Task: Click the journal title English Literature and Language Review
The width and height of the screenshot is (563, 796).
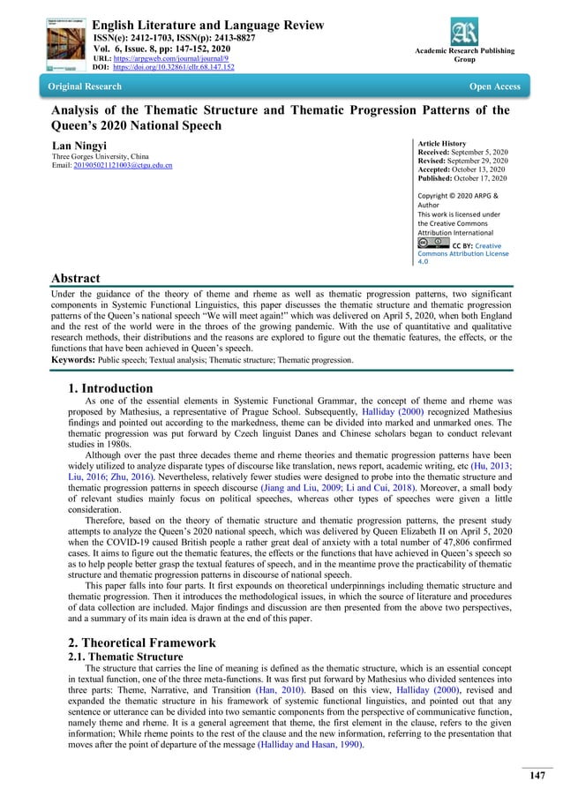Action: point(208,26)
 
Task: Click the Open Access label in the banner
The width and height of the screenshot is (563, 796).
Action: point(494,86)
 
